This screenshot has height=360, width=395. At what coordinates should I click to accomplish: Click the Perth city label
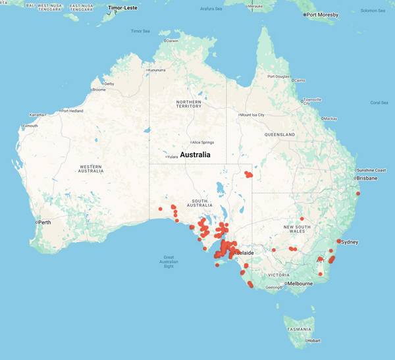click(x=45, y=222)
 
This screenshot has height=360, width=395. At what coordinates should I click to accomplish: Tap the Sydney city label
click(x=350, y=242)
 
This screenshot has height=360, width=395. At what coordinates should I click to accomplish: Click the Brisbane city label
click(x=368, y=178)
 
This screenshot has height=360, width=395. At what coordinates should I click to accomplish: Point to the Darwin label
click(x=172, y=41)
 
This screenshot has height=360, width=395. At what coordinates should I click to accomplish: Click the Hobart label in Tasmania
click(x=314, y=340)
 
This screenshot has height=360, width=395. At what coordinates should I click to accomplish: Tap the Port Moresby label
click(x=322, y=14)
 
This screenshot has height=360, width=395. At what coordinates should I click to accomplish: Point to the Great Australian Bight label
click(x=178, y=262)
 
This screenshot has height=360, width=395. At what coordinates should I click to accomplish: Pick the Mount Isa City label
click(x=252, y=115)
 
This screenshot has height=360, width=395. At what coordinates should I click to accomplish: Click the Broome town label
click(x=99, y=90)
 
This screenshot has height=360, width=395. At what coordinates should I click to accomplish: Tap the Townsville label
click(x=312, y=101)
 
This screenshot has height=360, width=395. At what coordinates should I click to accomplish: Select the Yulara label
click(x=172, y=157)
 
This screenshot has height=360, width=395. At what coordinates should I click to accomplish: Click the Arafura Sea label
click(x=207, y=9)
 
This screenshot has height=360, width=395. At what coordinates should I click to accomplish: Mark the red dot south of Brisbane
click(x=358, y=193)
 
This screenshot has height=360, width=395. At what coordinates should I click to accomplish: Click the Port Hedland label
click(x=72, y=111)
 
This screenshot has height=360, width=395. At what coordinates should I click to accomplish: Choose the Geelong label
click(x=272, y=288)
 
